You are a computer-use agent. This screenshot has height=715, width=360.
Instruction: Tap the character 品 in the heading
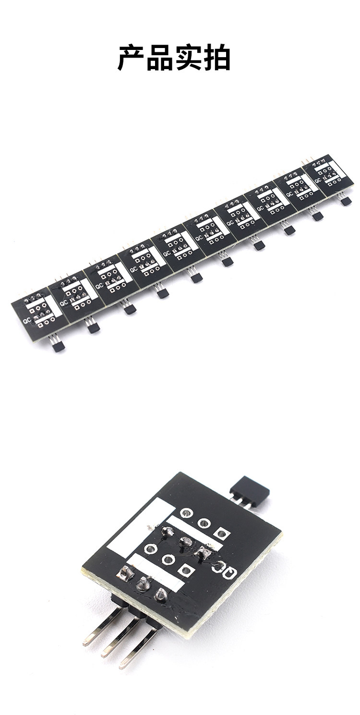tap(160, 58)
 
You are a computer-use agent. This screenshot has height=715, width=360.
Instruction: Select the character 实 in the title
tap(188, 58)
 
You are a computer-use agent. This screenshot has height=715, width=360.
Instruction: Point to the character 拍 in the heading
tap(216, 58)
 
